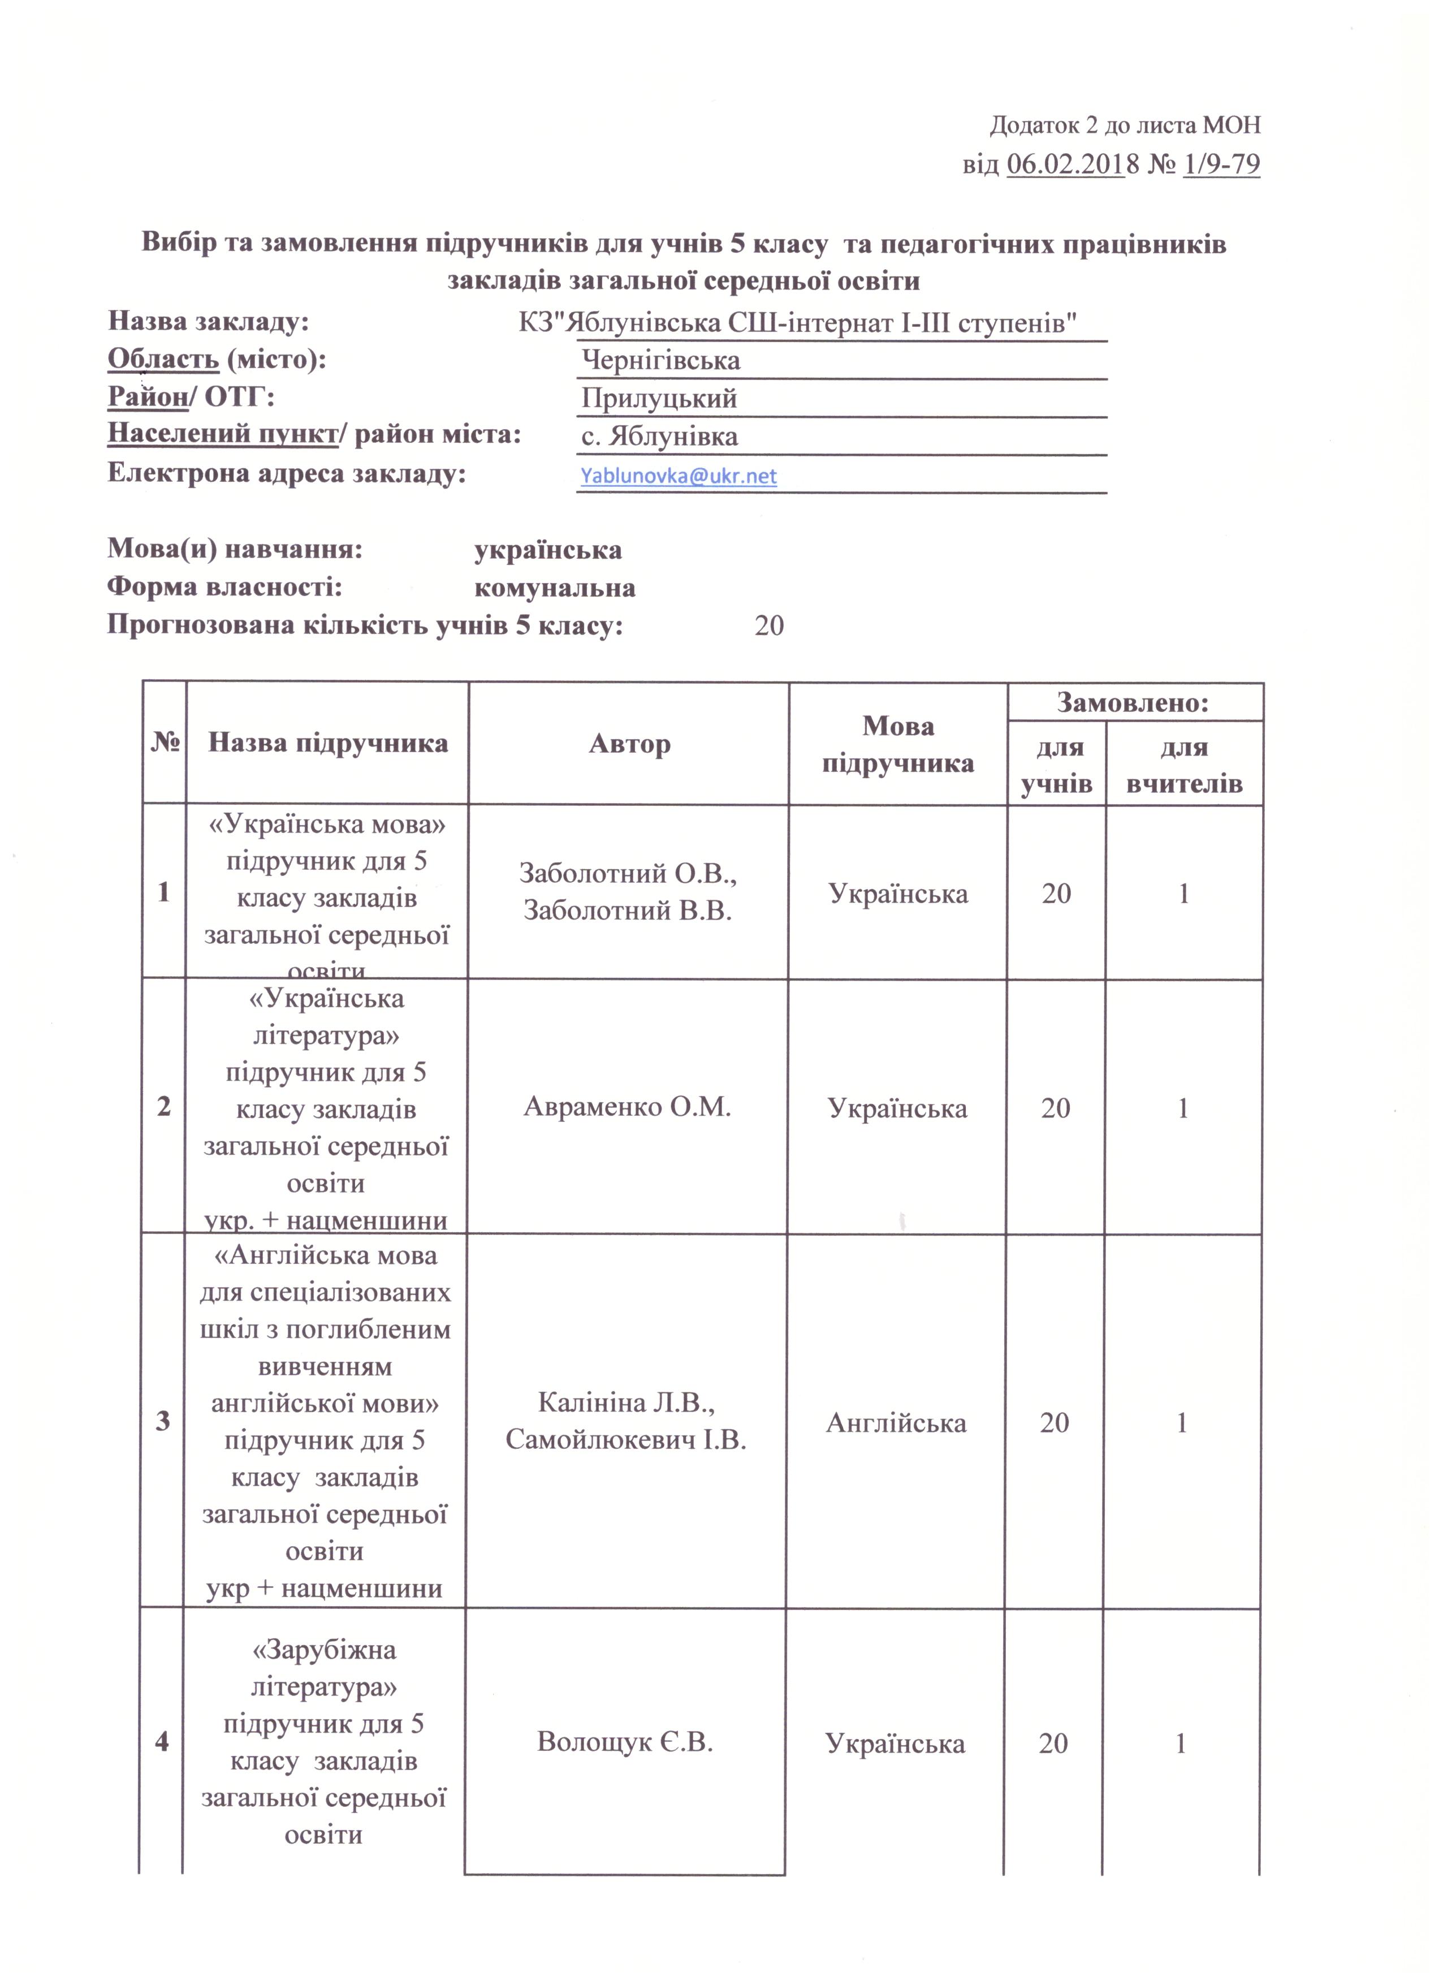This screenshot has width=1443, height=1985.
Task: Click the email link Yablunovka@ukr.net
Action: (678, 476)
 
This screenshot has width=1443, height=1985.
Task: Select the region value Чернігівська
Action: (660, 361)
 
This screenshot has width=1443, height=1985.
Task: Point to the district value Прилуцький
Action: (659, 399)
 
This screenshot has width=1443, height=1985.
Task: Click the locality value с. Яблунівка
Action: (659, 437)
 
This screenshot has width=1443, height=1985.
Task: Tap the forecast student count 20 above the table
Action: (768, 626)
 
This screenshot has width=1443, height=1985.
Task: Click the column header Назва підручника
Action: (327, 743)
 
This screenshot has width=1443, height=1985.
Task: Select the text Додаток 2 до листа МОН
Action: (1125, 125)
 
